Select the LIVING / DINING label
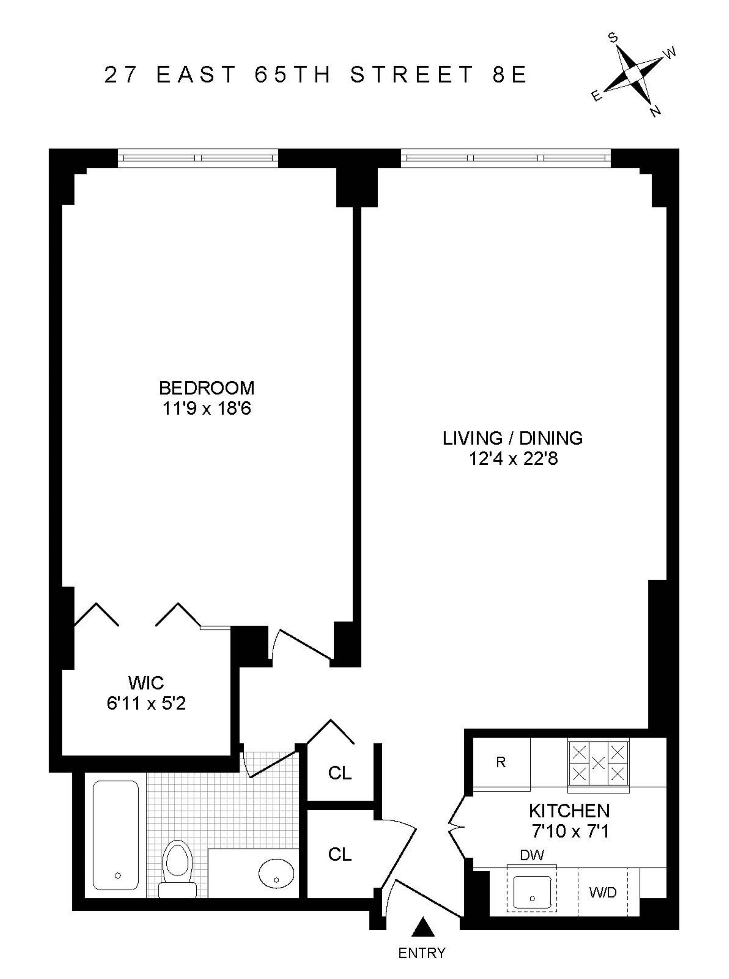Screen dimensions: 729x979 [x=513, y=438]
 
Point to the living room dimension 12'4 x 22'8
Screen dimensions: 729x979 [x=513, y=459]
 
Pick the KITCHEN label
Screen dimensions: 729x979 [x=569, y=811]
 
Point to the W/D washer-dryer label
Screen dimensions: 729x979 [x=603, y=893]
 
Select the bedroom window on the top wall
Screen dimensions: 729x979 [x=198, y=158]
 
